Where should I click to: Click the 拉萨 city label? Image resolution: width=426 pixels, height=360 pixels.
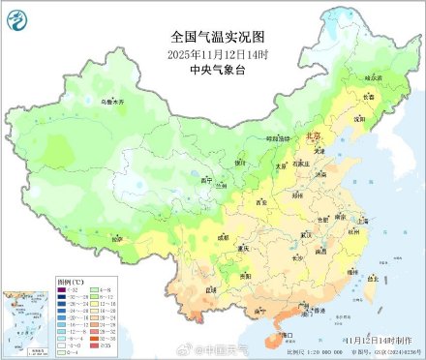[x=117, y=238]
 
